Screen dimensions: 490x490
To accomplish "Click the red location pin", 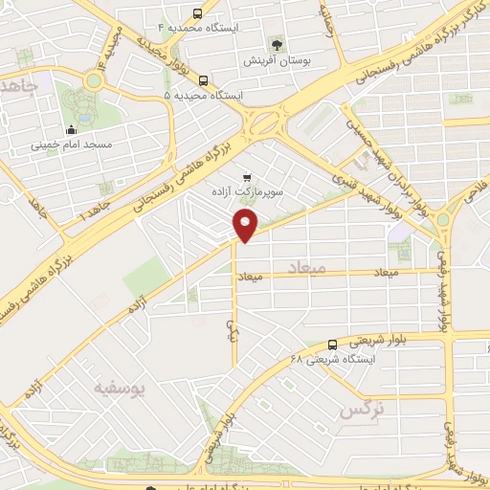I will pos(247,226).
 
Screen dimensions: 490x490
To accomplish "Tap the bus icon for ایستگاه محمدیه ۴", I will pos(197,13).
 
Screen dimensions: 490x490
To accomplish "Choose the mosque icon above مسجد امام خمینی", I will pos(71,131).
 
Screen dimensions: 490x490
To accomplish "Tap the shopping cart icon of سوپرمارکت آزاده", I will pos(248,177).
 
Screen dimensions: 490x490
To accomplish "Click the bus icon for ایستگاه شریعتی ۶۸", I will pos(332,345).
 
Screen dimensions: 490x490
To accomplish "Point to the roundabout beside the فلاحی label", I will pos(443,219).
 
